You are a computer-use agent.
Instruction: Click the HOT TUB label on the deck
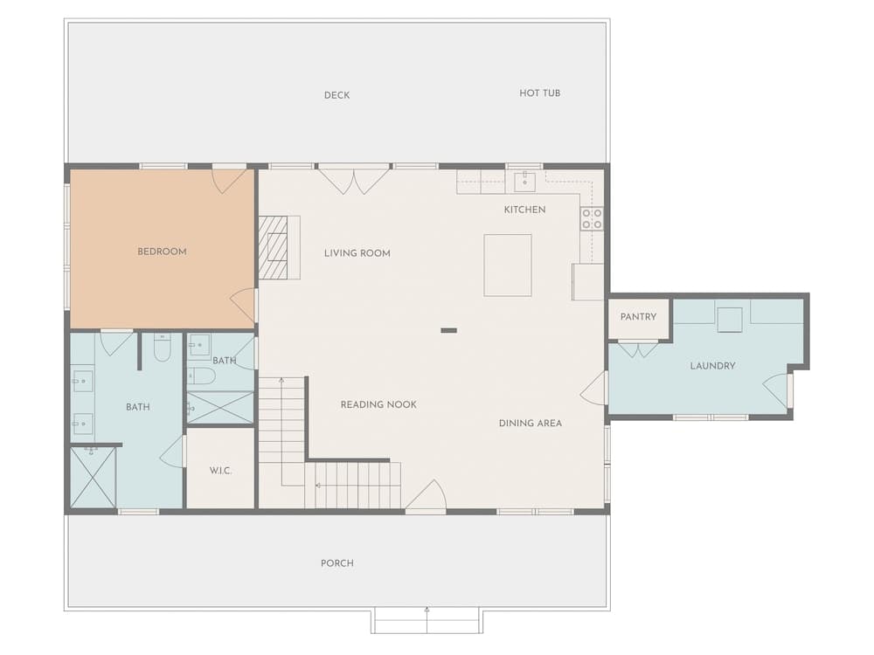(x=539, y=93)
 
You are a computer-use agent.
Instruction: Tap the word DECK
(x=337, y=95)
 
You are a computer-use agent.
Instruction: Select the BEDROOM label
(x=163, y=252)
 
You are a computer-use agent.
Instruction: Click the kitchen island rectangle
(x=507, y=265)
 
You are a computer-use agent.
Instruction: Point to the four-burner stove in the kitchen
(x=592, y=218)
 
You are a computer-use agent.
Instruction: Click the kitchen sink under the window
(x=524, y=181)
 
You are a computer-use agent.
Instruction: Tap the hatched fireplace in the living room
(x=273, y=247)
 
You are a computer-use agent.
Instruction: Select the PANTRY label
(x=638, y=317)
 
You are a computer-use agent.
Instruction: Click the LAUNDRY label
(x=712, y=366)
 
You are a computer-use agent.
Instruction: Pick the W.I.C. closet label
(x=220, y=471)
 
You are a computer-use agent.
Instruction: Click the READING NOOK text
(x=378, y=405)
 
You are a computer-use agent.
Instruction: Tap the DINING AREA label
(x=531, y=424)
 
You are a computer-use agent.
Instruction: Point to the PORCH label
(x=337, y=563)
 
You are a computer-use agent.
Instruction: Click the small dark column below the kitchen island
(x=448, y=331)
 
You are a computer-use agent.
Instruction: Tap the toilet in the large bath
(x=162, y=348)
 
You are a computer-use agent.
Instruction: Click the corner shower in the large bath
(x=94, y=478)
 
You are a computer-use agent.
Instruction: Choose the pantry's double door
(x=638, y=349)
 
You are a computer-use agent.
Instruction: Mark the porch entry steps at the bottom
(x=427, y=620)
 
